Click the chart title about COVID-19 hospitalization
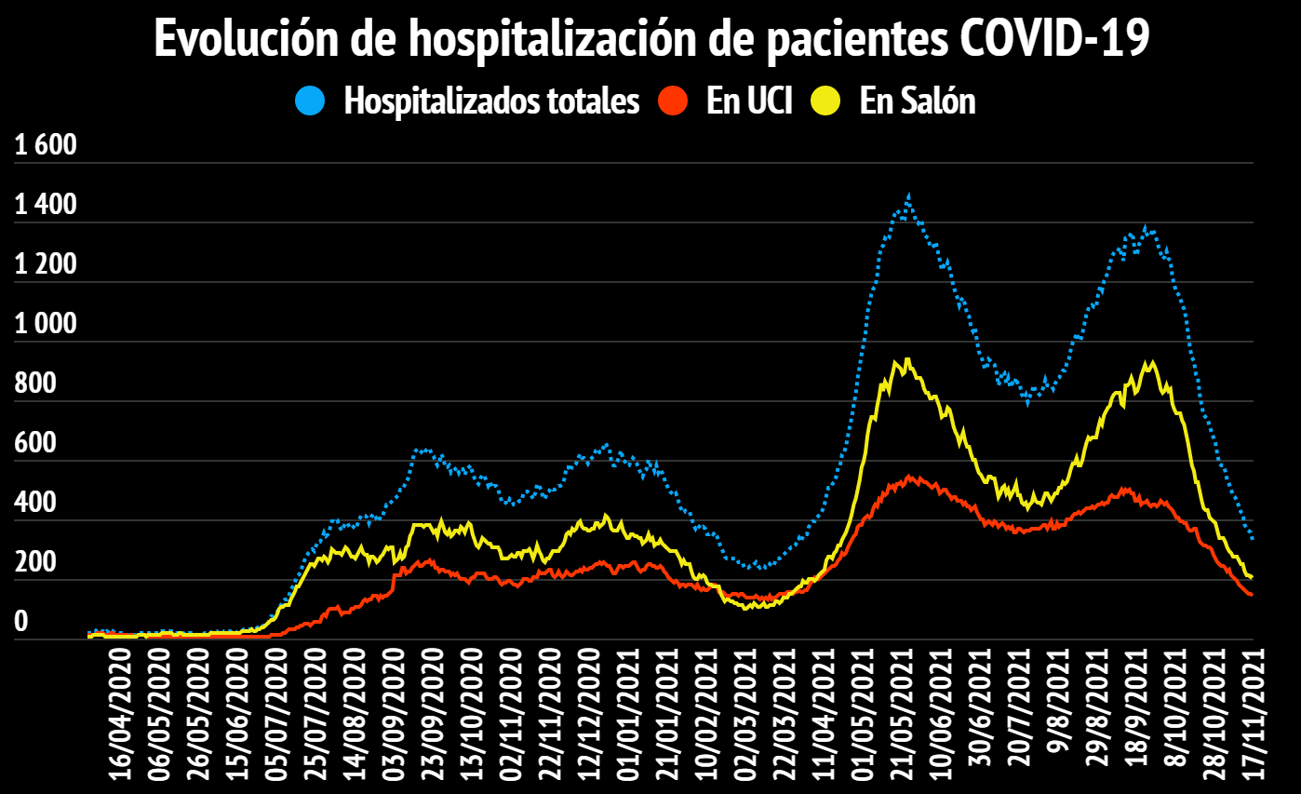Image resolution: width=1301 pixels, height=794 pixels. (650, 39)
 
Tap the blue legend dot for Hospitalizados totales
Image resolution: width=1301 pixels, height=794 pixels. (311, 101)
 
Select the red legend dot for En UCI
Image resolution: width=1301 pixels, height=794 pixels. (673, 101)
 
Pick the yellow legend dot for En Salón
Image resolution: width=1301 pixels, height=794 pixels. (826, 101)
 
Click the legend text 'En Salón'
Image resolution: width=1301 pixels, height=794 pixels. (917, 101)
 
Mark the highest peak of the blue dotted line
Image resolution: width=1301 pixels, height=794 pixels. (908, 196)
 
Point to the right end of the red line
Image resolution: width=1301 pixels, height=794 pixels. (1252, 594)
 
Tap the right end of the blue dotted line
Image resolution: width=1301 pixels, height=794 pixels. (1253, 538)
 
